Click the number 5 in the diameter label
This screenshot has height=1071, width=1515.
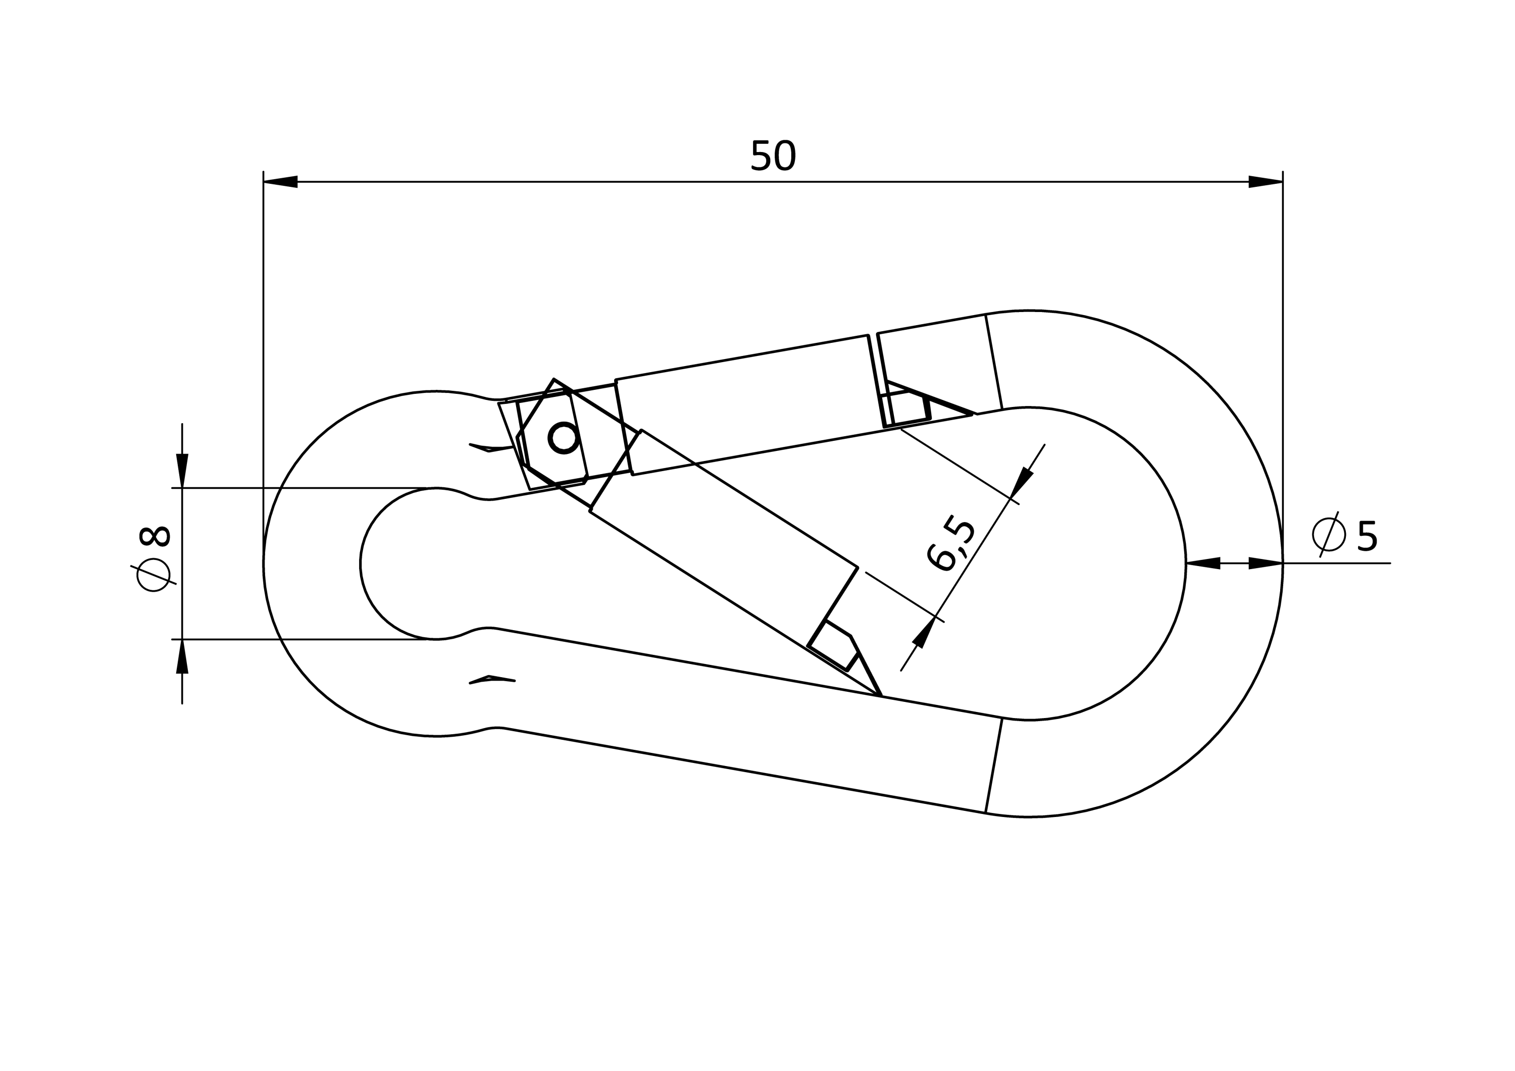point(1367,536)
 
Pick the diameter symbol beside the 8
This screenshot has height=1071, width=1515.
point(153,575)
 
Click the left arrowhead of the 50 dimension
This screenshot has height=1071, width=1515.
point(280,181)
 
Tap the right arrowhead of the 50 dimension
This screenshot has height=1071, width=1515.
point(1266,181)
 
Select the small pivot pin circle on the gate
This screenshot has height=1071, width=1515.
point(564,437)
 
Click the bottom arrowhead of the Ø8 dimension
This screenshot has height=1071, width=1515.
point(182,656)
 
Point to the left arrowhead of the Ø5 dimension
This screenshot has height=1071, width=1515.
point(1203,563)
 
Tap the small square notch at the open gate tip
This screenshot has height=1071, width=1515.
point(833,646)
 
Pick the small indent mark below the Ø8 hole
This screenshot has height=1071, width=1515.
point(491,680)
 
